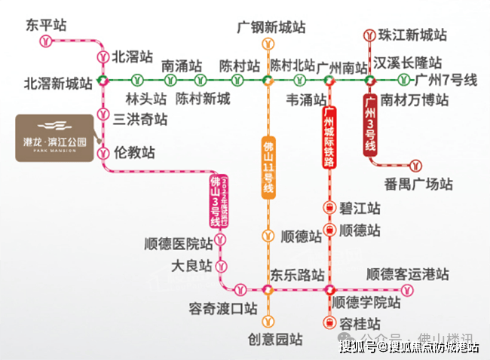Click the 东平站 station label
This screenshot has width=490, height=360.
tap(46, 26)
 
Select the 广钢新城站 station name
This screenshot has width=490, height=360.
tap(271, 28)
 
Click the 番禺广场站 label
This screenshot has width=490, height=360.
tap(418, 184)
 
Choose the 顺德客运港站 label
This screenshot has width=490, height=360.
tap(407, 274)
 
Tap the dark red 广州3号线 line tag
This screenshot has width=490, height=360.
tap(369, 124)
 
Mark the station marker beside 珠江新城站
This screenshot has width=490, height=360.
tap(369, 35)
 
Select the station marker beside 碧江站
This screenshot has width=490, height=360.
tap(329, 207)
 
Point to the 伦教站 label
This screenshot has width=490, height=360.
tap(133, 153)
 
